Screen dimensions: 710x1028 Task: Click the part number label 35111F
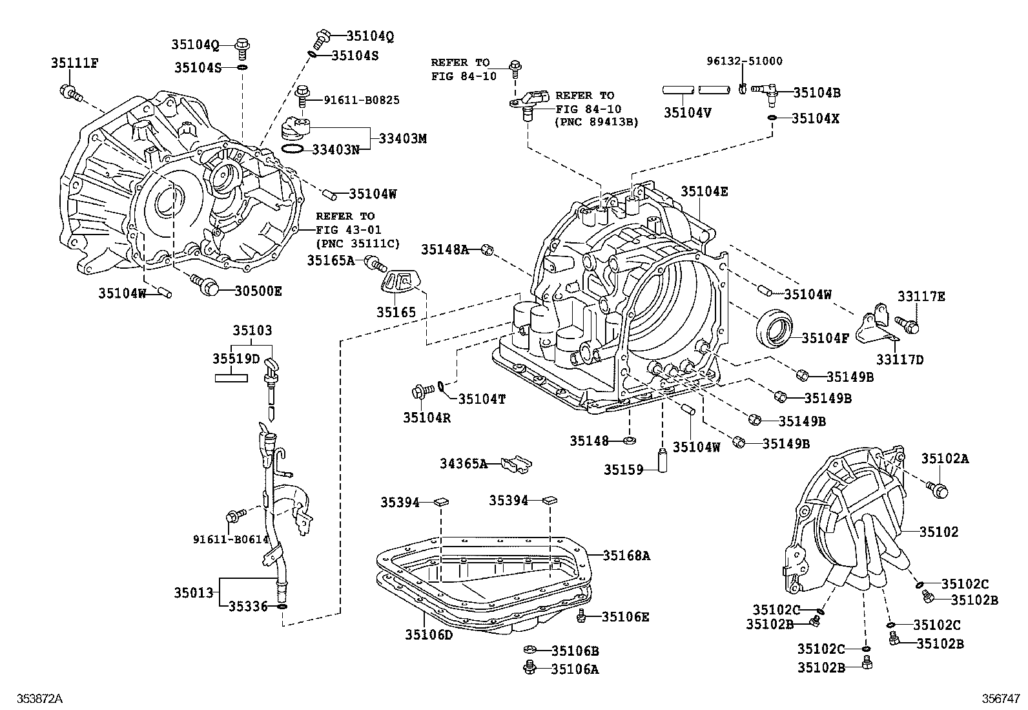[74, 63]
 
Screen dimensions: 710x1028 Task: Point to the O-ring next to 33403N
[293, 149]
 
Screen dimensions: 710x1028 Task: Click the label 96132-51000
[744, 61]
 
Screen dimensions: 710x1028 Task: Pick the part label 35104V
[687, 112]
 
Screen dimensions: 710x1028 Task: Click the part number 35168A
[626, 555]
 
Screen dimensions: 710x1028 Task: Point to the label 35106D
[429, 635]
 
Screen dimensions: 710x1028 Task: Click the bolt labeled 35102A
[938, 489]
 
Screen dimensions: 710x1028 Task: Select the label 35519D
[236, 358]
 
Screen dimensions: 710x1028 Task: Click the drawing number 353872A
[36, 698]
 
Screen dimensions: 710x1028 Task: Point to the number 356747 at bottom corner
[1000, 698]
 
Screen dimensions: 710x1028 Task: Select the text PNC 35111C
[358, 243]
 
